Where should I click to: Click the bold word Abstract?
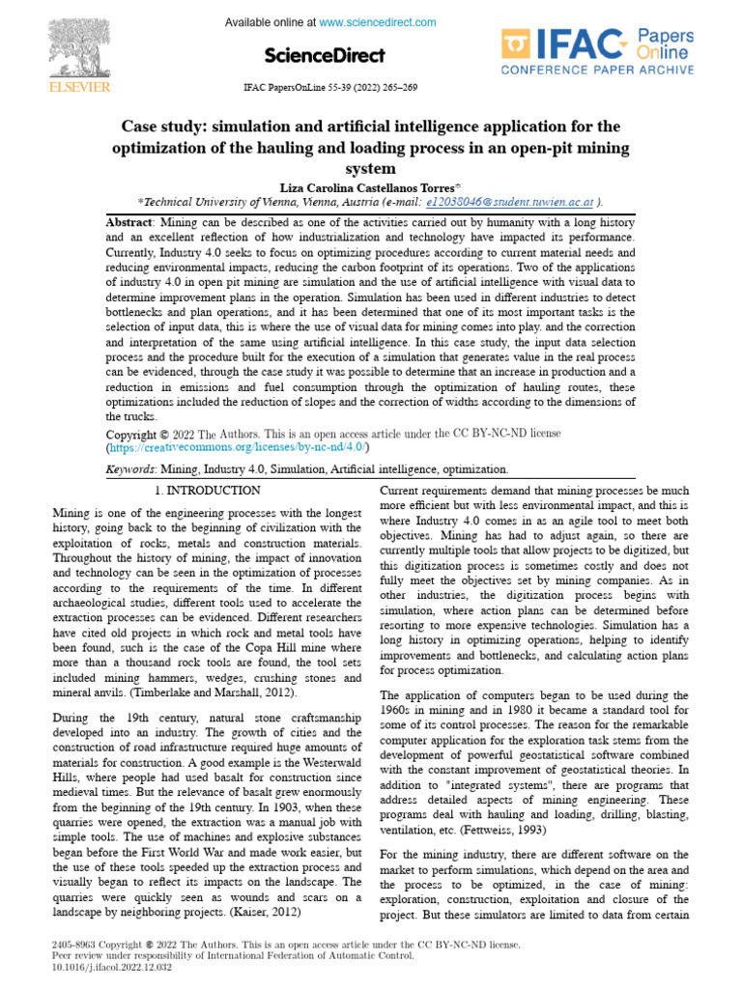tap(129, 222)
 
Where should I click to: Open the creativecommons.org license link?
tap(236, 448)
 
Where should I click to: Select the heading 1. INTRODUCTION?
tap(208, 491)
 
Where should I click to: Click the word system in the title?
tap(371, 168)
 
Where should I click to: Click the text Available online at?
tap(270, 22)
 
